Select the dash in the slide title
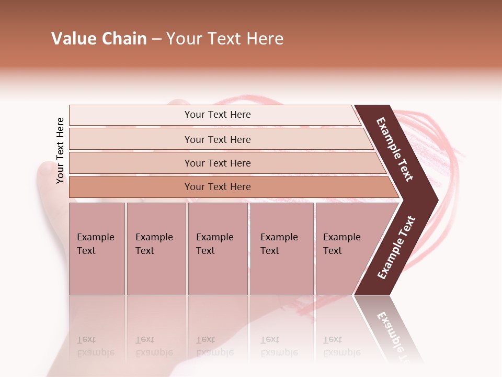click(x=156, y=39)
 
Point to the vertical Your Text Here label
click(x=60, y=150)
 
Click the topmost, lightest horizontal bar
click(x=217, y=115)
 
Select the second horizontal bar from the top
click(x=217, y=139)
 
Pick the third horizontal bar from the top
click(x=217, y=163)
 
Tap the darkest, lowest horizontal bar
click(x=217, y=187)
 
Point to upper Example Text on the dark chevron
click(x=395, y=149)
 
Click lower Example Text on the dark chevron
click(x=396, y=247)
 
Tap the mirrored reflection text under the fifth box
click(x=341, y=346)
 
